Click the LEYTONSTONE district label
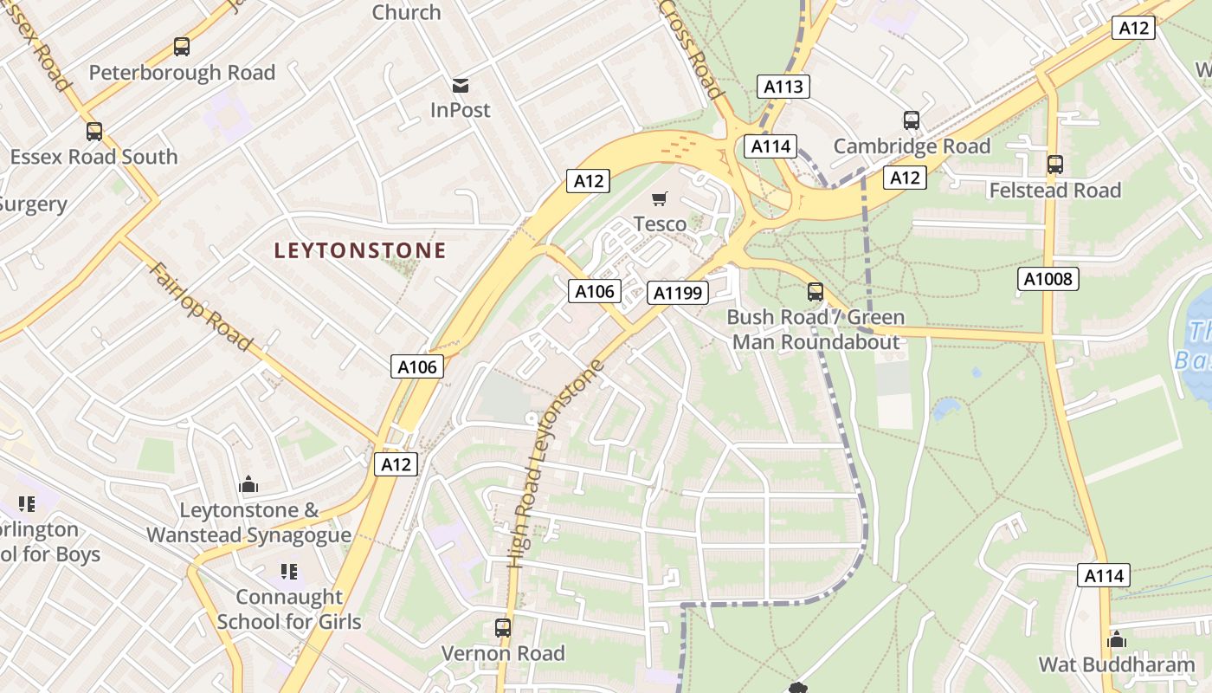(x=360, y=251)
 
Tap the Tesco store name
(x=660, y=224)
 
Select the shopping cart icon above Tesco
(x=660, y=199)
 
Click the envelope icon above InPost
(x=461, y=85)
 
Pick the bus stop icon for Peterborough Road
(x=182, y=47)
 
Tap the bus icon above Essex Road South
(x=94, y=132)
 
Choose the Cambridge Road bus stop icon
(x=912, y=120)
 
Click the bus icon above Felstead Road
(x=1054, y=165)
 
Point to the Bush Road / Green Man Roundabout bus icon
(x=816, y=292)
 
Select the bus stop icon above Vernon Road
(x=503, y=628)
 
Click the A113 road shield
(x=783, y=87)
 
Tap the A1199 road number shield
(x=678, y=293)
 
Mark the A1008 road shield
(x=1048, y=279)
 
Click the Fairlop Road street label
(x=202, y=307)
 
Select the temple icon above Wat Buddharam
(x=1117, y=639)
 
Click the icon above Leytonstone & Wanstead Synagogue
(x=248, y=484)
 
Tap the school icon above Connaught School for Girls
(x=289, y=572)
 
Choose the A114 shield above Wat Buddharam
(x=1103, y=575)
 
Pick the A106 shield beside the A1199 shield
(x=596, y=292)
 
